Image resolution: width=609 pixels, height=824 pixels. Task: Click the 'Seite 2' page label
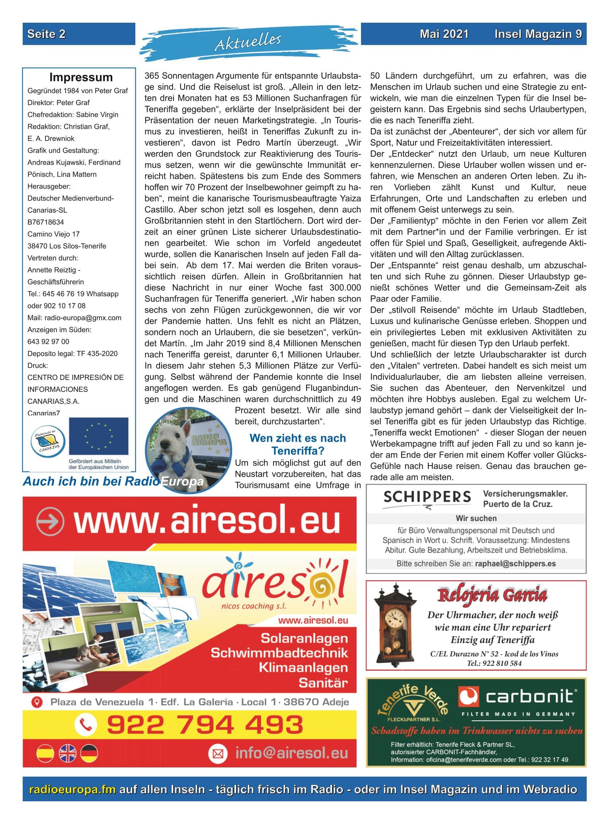coord(47,34)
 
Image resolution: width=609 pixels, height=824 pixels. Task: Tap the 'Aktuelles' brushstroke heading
coord(248,41)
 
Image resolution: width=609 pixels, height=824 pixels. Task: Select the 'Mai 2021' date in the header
coord(444,34)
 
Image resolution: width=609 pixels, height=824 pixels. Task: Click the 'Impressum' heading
coord(81,77)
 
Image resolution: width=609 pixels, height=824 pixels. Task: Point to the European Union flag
coord(98,436)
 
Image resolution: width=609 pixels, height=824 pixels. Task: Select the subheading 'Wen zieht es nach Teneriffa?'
coord(297,444)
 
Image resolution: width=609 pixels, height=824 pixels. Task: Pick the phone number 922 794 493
coord(205,724)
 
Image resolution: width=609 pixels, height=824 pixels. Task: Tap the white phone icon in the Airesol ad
coord(86,724)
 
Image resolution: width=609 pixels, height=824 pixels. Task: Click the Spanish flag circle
coord(45,753)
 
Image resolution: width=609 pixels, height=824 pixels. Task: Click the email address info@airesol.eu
coord(291,753)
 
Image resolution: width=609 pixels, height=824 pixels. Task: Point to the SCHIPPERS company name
coord(427,497)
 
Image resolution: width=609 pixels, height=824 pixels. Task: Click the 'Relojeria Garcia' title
coord(492,595)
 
